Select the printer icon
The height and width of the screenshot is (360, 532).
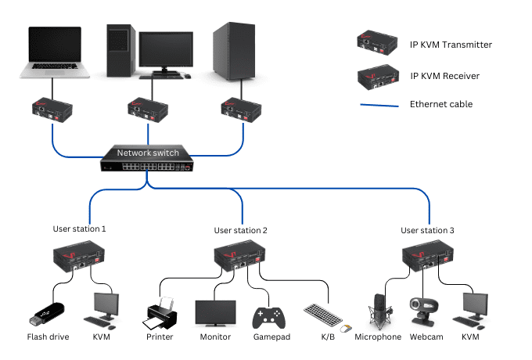pyautogui.click(x=160, y=313)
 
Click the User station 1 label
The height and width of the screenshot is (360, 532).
pyautogui.click(x=79, y=229)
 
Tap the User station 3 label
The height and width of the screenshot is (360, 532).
pyautogui.click(x=427, y=230)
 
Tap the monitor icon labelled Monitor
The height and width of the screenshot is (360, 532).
pyautogui.click(x=214, y=313)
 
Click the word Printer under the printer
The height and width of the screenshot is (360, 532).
pyautogui.click(x=159, y=337)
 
